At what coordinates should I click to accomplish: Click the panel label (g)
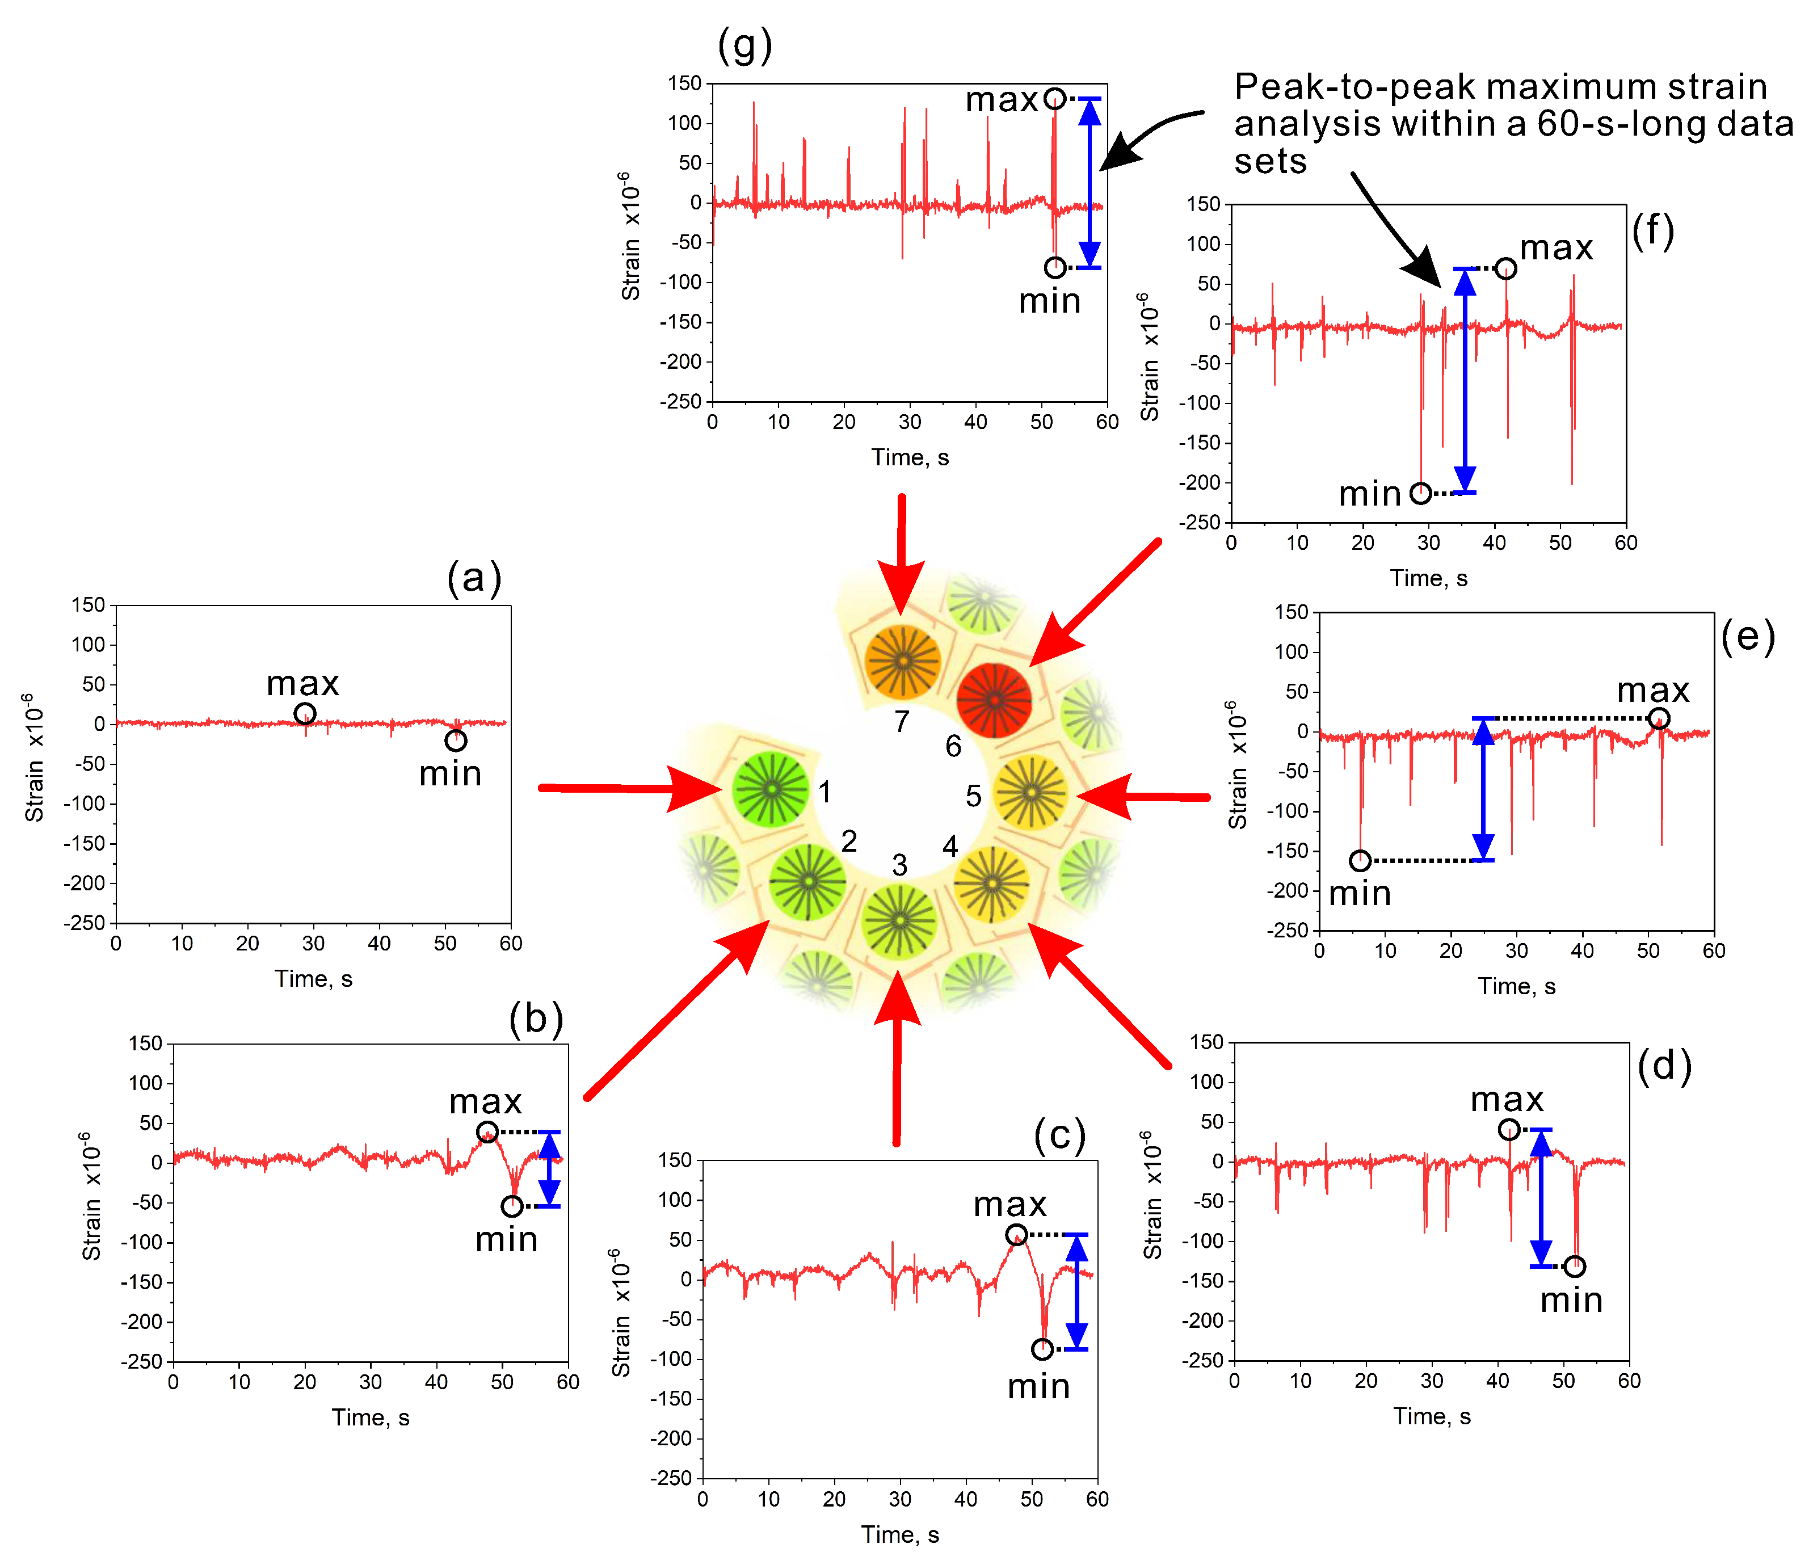coord(744,45)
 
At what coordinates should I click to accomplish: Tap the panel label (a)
coord(474,578)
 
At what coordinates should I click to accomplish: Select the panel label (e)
coord(1747,636)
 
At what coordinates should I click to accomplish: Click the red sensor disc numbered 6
coord(994,700)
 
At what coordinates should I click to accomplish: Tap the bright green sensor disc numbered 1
coord(771,789)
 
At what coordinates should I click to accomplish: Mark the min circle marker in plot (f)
coord(1421,493)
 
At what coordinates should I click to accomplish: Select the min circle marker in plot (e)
coord(1360,861)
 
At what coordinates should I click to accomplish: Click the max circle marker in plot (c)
coord(1016,1234)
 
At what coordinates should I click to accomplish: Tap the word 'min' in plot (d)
coord(1571,1301)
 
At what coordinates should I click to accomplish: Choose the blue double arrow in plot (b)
coord(549,1169)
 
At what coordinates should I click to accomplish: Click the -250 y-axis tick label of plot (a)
coord(84,923)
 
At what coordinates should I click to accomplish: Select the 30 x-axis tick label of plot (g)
coord(910,423)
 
